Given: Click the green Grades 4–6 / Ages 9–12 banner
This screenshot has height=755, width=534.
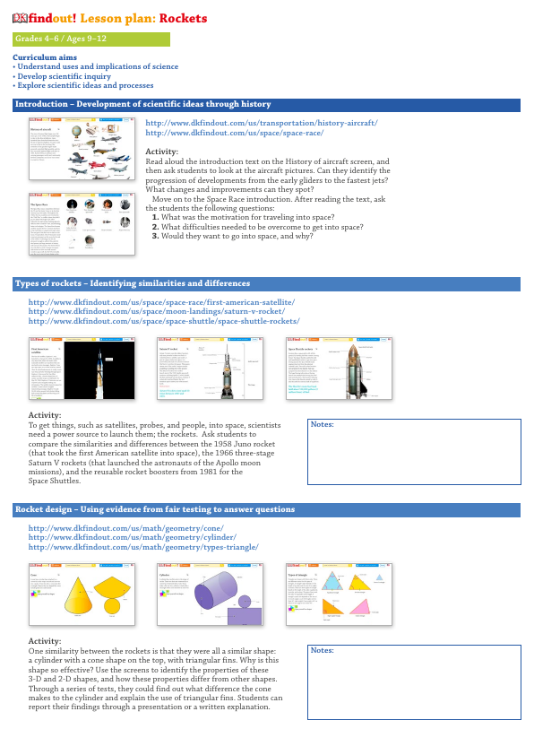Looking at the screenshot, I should point(90,39).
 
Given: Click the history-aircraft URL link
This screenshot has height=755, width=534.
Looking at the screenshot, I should point(261,123).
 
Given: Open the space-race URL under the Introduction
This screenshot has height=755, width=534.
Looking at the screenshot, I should point(234,133).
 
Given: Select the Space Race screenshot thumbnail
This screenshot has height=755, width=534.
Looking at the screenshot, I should point(82,223).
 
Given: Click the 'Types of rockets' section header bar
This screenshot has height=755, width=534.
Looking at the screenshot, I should point(266,284).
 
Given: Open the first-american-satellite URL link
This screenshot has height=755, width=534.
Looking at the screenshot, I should point(161,303).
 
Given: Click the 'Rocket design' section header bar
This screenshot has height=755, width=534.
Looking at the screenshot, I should point(266,509).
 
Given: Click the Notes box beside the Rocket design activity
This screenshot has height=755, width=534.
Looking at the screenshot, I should point(414,681).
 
